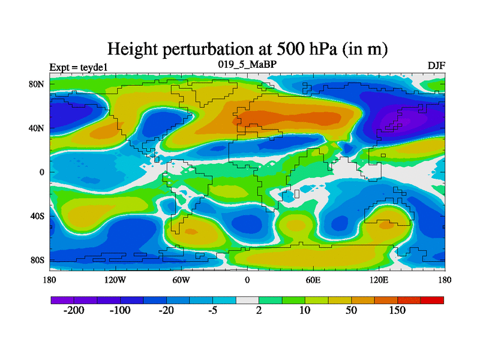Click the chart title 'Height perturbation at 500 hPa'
(x=247, y=49)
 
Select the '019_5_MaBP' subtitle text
(x=247, y=64)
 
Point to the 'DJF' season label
(x=436, y=66)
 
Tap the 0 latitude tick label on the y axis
(x=42, y=172)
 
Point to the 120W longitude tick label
(x=115, y=280)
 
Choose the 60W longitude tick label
(x=181, y=280)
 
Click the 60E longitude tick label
(x=313, y=280)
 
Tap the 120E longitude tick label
(x=379, y=280)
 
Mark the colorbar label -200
(x=74, y=311)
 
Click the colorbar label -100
(x=120, y=311)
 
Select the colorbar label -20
(x=167, y=311)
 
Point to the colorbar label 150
(x=397, y=311)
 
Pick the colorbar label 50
(x=351, y=311)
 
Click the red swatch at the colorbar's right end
(x=432, y=299)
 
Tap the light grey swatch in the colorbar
(x=247, y=299)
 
